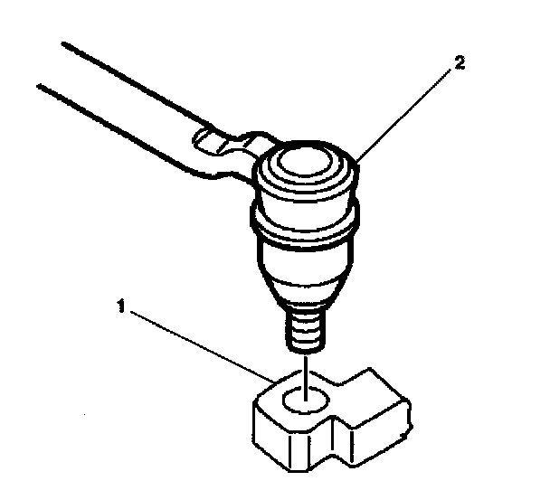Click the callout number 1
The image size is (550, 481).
[120, 306]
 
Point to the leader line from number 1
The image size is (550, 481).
[199, 341]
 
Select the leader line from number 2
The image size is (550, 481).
[407, 115]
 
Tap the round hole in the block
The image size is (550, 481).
[307, 398]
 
